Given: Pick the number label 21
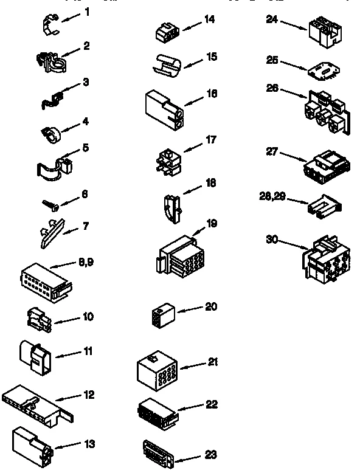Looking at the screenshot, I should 212,362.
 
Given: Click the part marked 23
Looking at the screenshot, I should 157,453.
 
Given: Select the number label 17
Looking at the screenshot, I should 211,140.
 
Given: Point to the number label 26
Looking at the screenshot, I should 272,87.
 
